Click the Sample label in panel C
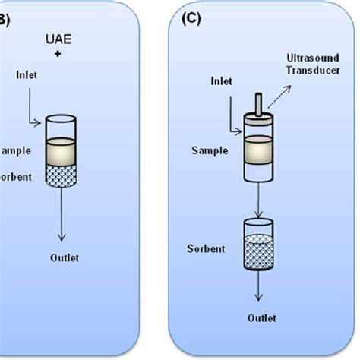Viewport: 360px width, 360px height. (210, 150)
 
